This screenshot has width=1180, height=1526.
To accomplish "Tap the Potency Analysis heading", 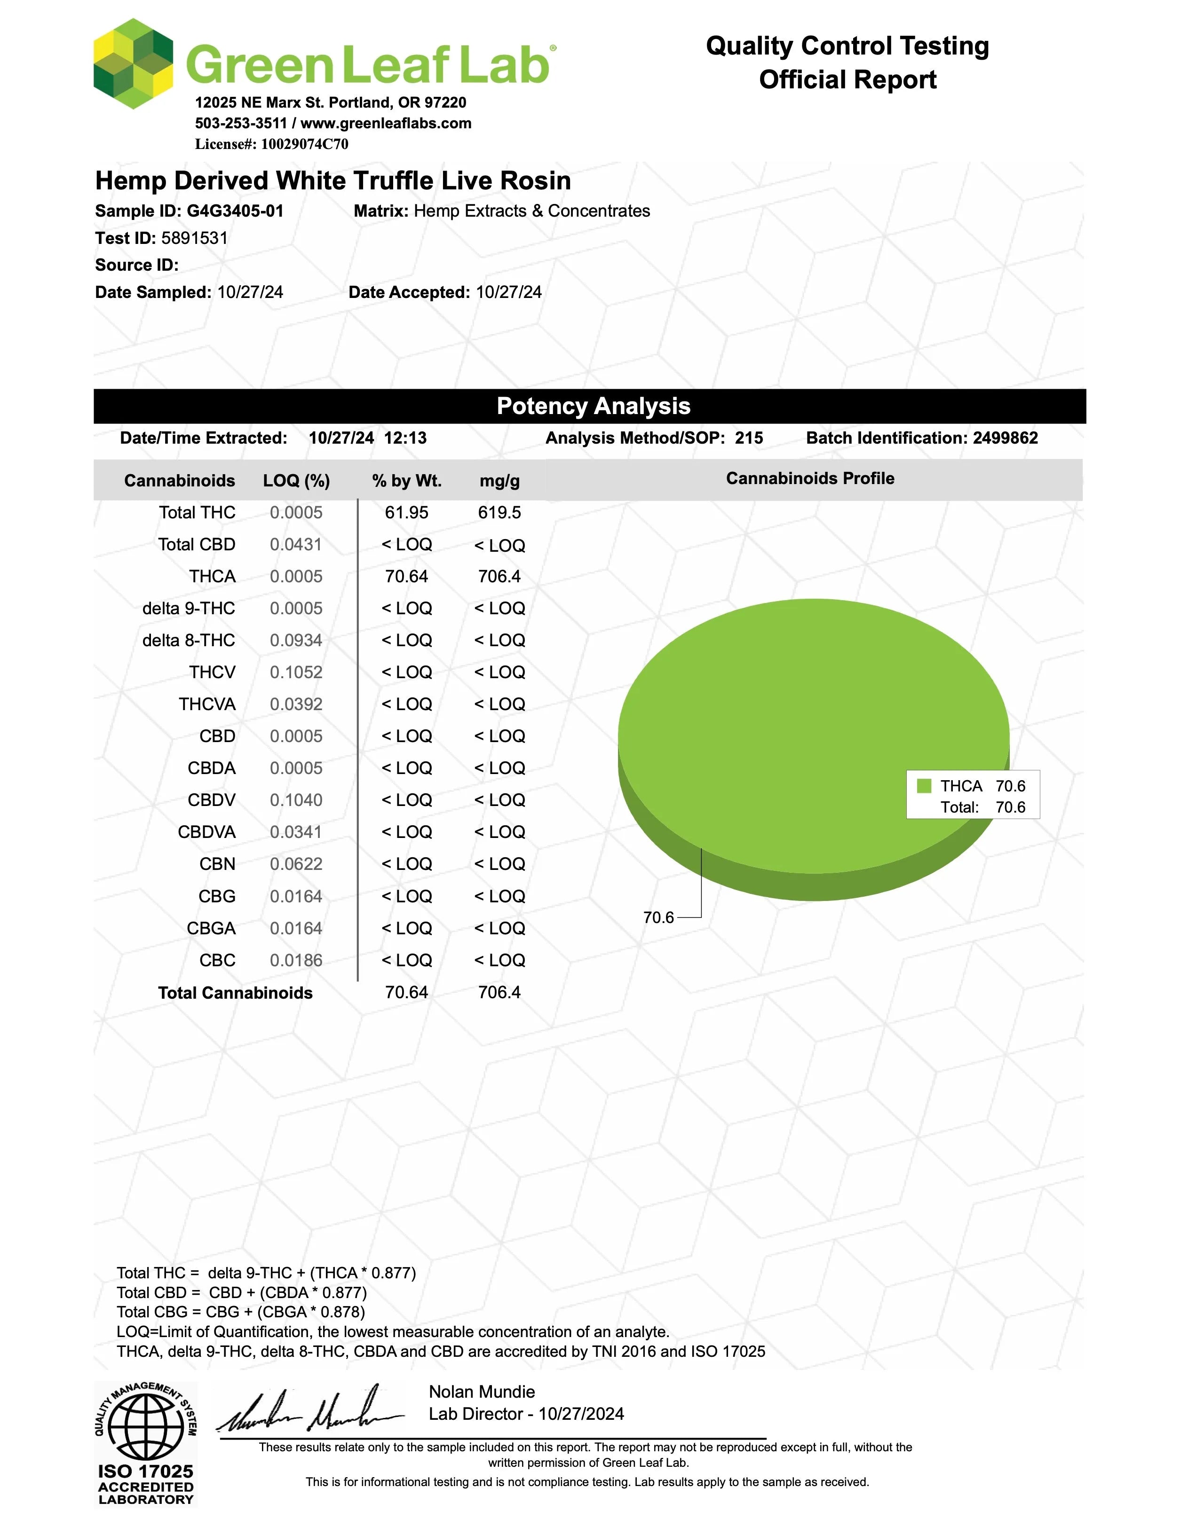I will (593, 406).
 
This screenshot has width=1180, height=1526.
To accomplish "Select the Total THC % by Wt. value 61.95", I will (406, 512).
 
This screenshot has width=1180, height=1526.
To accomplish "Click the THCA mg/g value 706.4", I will (499, 577).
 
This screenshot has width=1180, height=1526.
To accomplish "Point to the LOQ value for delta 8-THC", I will (296, 640).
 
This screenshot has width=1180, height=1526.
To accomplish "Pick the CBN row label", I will (217, 864).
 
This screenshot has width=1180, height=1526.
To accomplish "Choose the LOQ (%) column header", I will (296, 481).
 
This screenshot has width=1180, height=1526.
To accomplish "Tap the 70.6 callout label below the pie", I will (658, 917).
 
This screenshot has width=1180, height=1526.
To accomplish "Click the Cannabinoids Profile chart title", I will (809, 478).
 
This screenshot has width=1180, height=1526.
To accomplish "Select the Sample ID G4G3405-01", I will (235, 211).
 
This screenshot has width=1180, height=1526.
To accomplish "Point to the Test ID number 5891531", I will (194, 238).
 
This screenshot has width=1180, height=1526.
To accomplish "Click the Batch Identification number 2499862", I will (1005, 438).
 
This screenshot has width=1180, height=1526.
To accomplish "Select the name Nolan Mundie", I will (482, 1392).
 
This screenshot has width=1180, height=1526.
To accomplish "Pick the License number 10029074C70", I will (304, 144).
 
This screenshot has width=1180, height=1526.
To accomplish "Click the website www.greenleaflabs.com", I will (386, 123).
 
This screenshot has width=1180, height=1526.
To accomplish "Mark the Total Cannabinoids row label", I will (235, 993).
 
